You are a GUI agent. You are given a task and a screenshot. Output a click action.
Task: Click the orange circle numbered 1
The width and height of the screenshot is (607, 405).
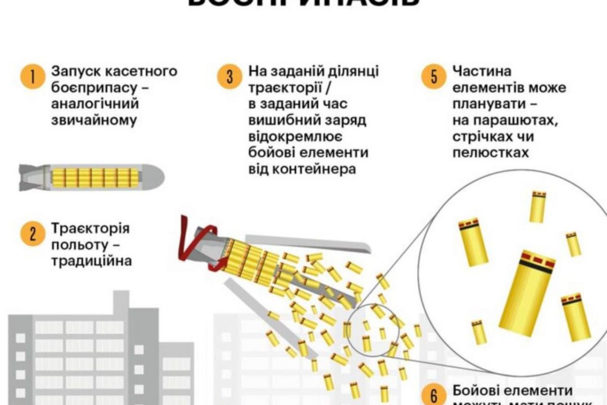(x=31, y=77)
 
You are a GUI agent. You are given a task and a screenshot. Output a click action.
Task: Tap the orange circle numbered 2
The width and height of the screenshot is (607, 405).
(x=31, y=234)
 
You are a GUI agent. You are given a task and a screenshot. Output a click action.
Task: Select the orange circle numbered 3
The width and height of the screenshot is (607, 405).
(x=229, y=77)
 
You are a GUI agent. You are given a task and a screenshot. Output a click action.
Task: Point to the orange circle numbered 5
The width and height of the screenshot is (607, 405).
(x=433, y=77)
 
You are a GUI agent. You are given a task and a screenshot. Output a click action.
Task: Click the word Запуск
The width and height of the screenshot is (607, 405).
(x=73, y=71)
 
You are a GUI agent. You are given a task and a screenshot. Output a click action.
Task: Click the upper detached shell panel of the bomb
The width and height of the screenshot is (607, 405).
(x=309, y=242)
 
